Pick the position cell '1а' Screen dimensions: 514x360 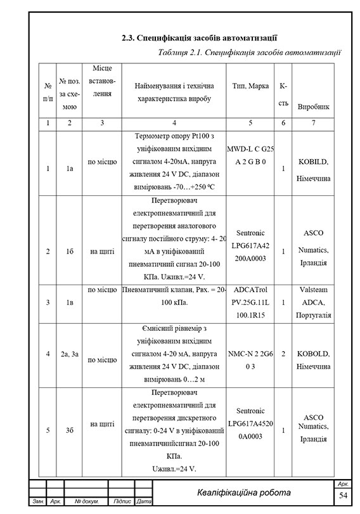coord(69,169)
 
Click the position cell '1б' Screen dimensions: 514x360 coord(69,251)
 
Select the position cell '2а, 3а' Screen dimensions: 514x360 coord(69,353)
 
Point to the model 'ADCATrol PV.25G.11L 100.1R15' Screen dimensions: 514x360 coord(250,303)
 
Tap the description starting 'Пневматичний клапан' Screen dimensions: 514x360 coord(174,297)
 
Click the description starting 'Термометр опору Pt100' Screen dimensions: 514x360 coord(174,162)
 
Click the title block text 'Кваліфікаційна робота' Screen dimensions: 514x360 coord(243,492)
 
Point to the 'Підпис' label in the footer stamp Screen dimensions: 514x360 coord(122,502)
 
